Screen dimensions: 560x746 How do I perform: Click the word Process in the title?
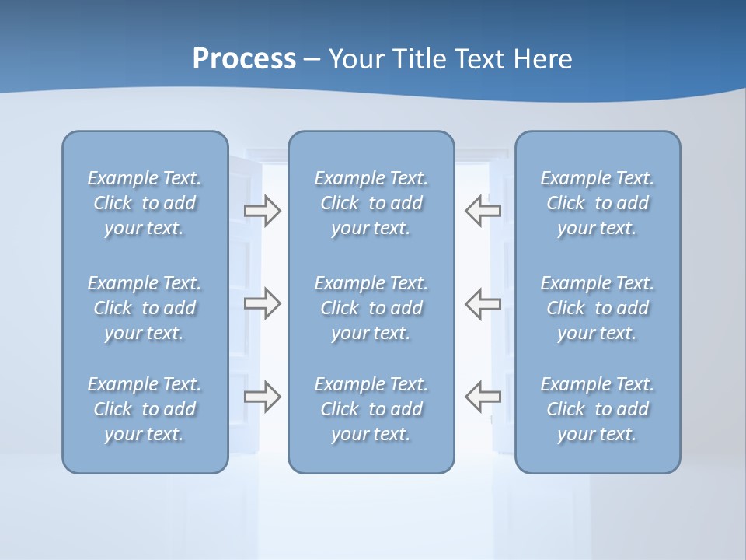244,59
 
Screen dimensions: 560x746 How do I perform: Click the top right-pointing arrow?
263,211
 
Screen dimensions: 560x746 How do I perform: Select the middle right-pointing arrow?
263,303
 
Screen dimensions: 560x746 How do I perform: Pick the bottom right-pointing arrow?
263,397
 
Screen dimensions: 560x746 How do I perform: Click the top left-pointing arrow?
483,210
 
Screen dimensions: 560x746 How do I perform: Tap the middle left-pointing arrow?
483,303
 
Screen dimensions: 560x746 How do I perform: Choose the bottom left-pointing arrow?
483,397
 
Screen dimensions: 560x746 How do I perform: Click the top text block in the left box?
145,203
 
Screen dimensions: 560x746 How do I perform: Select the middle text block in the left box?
145,308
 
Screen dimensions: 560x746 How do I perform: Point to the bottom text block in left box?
145,409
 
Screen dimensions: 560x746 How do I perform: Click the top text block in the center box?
371,203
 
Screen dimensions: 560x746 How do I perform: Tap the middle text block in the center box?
371,308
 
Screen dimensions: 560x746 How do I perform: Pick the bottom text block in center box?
371,409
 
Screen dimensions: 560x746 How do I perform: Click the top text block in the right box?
597,203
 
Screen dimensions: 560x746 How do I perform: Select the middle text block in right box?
597,308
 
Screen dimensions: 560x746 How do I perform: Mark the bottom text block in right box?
597,409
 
